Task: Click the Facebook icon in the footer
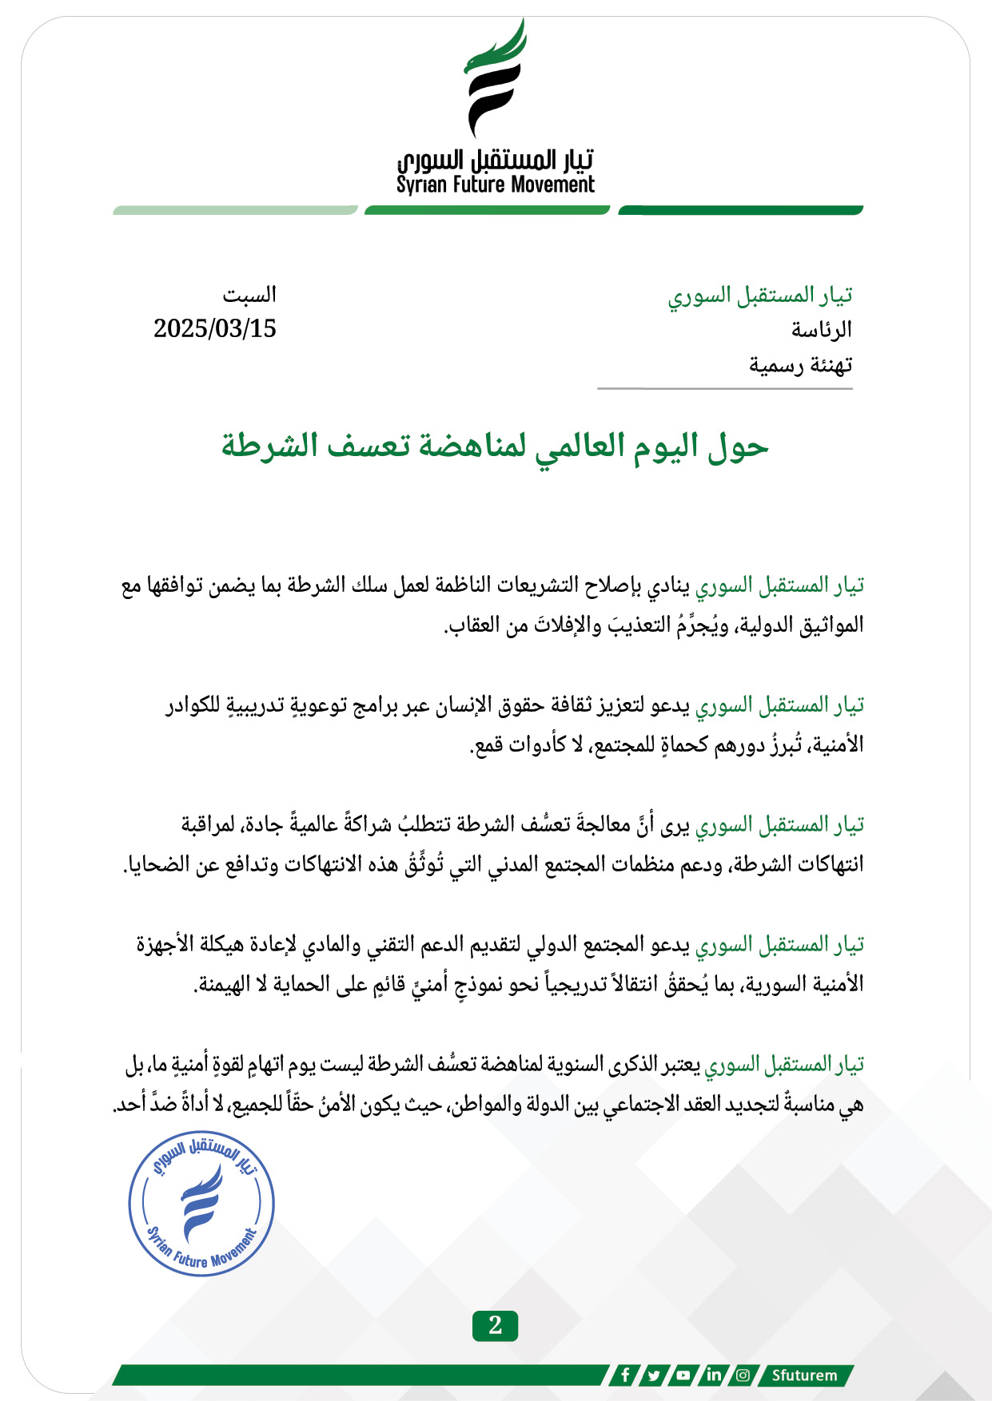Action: (x=625, y=1375)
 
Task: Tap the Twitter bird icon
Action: (x=654, y=1375)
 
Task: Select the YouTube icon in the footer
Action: (x=683, y=1375)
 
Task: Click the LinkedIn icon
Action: (x=713, y=1375)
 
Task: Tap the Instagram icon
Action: (x=743, y=1375)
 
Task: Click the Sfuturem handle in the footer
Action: (x=804, y=1375)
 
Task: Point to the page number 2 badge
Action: (x=495, y=1325)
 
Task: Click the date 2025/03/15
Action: (x=215, y=328)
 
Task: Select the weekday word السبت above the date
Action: (x=249, y=295)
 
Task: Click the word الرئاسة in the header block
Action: (x=822, y=329)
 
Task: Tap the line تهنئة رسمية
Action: (x=800, y=365)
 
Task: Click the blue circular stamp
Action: (x=201, y=1203)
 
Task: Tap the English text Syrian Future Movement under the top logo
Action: (x=496, y=185)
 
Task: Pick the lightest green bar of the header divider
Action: (x=235, y=210)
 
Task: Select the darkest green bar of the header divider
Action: (x=741, y=210)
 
